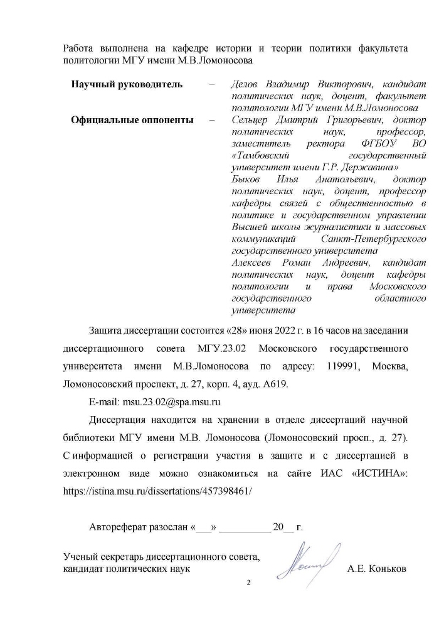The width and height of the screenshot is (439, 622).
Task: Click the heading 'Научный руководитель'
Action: point(127,84)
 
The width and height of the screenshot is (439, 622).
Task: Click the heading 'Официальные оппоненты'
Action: point(132,120)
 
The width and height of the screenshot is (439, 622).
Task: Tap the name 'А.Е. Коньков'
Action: point(377,569)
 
